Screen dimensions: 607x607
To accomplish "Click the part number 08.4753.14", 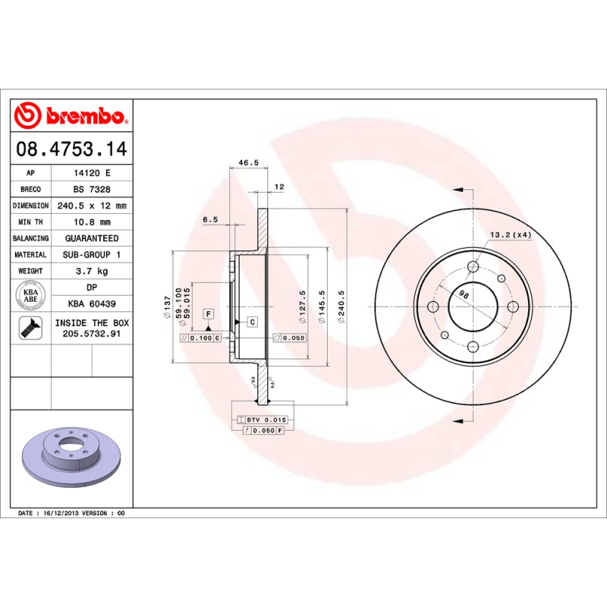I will (x=71, y=149).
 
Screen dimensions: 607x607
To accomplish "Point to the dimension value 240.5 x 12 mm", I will (x=92, y=206).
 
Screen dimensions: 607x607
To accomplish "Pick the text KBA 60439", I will (x=92, y=303).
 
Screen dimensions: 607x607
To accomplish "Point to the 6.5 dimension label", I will (x=210, y=219).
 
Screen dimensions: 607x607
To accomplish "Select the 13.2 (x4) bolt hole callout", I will (x=510, y=234).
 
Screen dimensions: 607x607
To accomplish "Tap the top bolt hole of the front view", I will (x=473, y=266).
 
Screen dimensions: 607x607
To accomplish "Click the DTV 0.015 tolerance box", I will (x=263, y=420).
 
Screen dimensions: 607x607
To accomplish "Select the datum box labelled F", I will (x=208, y=313).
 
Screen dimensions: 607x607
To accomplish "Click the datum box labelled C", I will (x=252, y=322).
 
